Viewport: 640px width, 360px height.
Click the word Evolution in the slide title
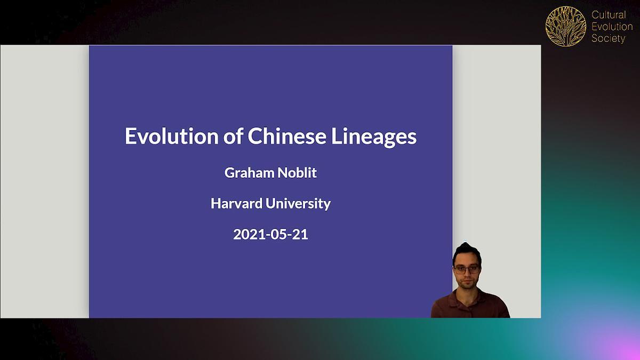click(x=172, y=136)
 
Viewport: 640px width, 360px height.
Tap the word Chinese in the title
click(x=286, y=136)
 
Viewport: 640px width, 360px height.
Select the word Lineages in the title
click(x=374, y=138)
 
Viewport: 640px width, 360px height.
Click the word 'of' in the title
click(x=233, y=136)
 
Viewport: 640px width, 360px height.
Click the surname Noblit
click(x=297, y=173)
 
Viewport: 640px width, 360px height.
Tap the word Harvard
click(x=237, y=203)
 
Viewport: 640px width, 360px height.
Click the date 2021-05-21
click(x=270, y=234)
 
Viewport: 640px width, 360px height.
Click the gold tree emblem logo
click(x=566, y=26)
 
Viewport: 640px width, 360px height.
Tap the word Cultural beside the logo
click(x=609, y=14)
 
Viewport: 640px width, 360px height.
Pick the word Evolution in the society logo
click(x=612, y=27)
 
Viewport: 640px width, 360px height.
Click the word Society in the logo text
click(x=609, y=38)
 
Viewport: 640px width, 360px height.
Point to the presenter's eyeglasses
click(x=467, y=269)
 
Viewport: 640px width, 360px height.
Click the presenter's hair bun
click(x=466, y=246)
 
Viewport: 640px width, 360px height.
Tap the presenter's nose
click(x=466, y=274)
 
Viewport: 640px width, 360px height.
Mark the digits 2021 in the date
click(x=249, y=234)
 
